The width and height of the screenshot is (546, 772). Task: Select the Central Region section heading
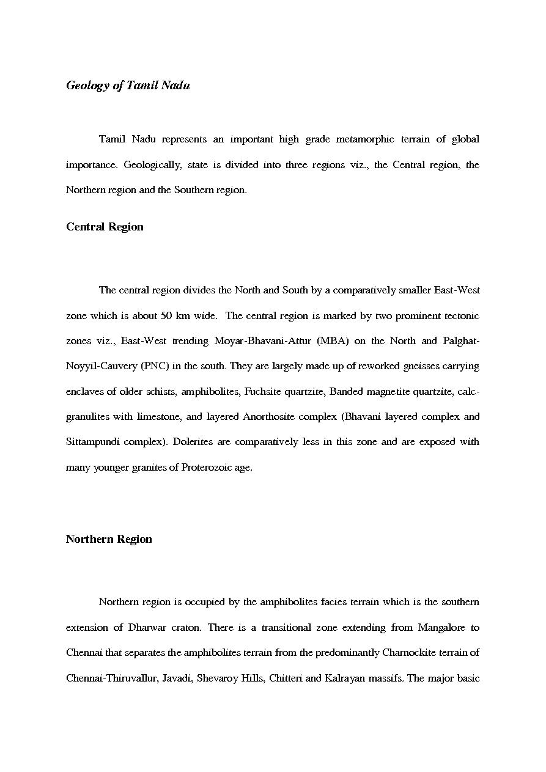click(105, 227)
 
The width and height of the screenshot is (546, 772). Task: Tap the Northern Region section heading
click(109, 539)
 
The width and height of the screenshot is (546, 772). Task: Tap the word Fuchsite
click(264, 392)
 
